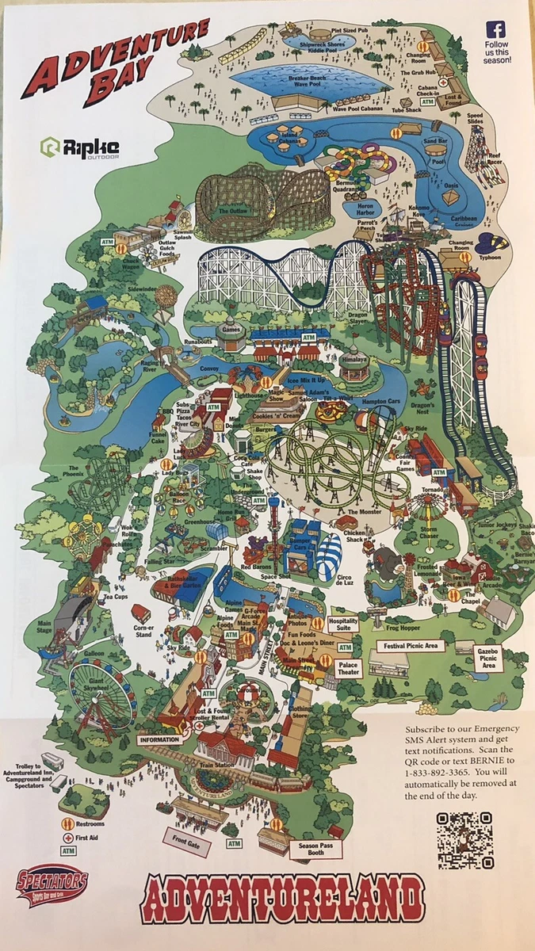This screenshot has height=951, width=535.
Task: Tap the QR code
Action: pyautogui.click(x=465, y=839)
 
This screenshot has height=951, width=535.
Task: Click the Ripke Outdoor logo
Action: pyautogui.click(x=81, y=147)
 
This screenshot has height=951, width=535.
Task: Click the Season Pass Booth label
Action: pyautogui.click(x=310, y=848)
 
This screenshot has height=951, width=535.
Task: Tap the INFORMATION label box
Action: pyautogui.click(x=159, y=739)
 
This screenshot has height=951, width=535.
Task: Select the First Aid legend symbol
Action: pyautogui.click(x=69, y=838)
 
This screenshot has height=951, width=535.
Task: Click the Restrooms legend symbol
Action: pyautogui.click(x=69, y=823)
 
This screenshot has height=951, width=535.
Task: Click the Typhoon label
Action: pyautogui.click(x=491, y=258)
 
